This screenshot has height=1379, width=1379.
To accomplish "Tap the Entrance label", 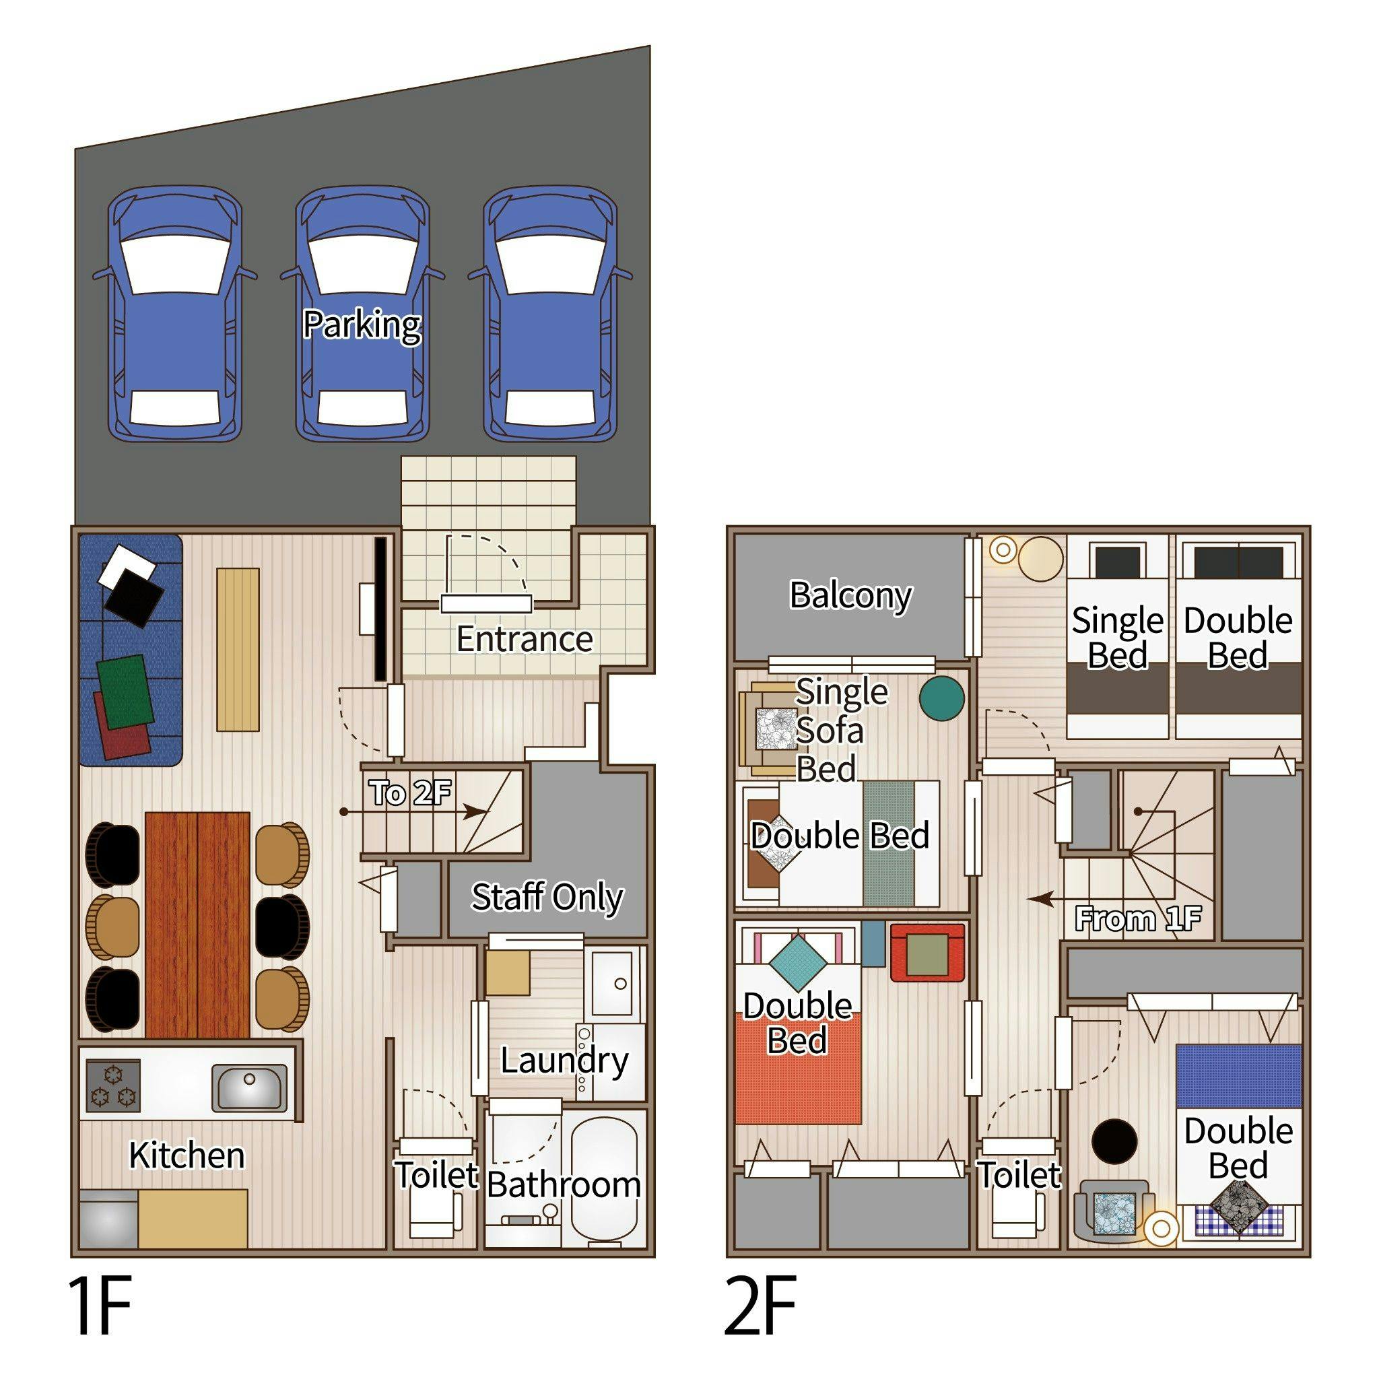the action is click(525, 639).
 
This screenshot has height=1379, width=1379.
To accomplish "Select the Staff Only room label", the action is click(547, 897).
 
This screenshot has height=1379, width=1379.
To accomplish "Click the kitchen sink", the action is click(250, 1087).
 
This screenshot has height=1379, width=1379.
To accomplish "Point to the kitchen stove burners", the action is click(112, 1085).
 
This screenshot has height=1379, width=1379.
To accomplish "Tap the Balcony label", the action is click(851, 595).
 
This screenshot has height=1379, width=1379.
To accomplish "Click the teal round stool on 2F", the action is click(941, 698).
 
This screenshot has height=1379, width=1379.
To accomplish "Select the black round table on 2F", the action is click(1114, 1141).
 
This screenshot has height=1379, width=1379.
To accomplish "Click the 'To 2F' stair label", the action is click(411, 793).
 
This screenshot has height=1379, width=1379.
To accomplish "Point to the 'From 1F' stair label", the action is click(1139, 918).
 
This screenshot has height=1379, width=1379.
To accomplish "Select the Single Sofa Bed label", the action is click(842, 730).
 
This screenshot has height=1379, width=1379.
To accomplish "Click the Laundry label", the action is click(564, 1061).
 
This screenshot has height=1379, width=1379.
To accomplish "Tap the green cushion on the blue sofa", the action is click(126, 692).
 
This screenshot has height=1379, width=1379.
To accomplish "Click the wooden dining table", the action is click(198, 924).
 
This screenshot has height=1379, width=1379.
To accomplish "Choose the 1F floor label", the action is click(100, 1306).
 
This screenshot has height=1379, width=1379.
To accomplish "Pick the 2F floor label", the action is click(760, 1306).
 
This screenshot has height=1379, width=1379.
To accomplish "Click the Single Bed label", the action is click(1118, 638).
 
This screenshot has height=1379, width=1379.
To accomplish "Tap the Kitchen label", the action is click(187, 1155).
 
